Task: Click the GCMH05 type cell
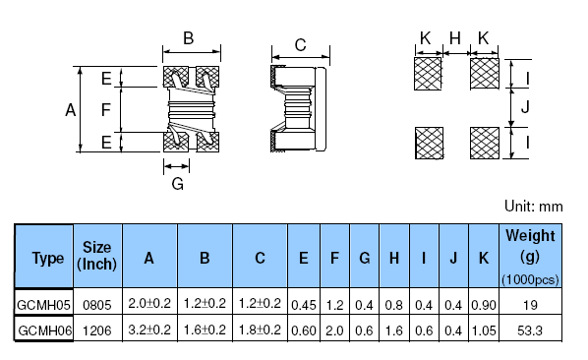pyautogui.click(x=44, y=305)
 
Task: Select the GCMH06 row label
pyautogui.click(x=44, y=330)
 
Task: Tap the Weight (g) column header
pyautogui.click(x=530, y=257)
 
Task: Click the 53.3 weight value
pyautogui.click(x=530, y=330)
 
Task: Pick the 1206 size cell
pyautogui.click(x=97, y=330)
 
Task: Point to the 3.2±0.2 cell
pyautogui.click(x=149, y=330)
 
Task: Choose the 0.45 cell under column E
pyautogui.click(x=304, y=305)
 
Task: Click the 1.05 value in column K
pyautogui.click(x=484, y=330)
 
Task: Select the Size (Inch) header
pyautogui.click(x=96, y=256)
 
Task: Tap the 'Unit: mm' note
pyautogui.click(x=533, y=207)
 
